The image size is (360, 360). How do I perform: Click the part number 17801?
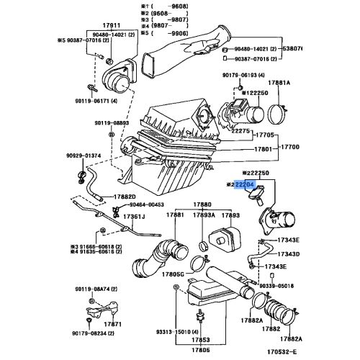click(264, 150)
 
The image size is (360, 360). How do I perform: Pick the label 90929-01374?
click(84, 155)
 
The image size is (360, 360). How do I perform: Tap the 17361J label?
click(133, 216)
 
